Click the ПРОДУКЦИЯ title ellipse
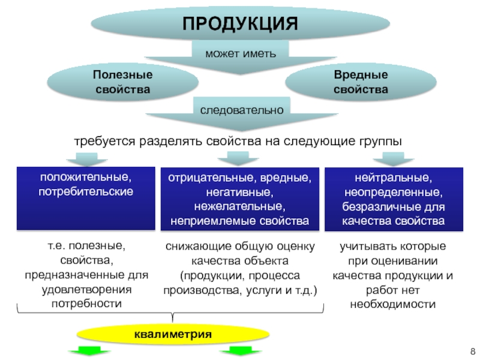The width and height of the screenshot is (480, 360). click(240, 24)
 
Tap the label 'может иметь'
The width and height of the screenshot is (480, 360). click(241, 53)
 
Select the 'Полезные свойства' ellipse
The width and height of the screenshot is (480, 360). click(122, 83)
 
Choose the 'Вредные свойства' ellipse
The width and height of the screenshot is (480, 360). click(361, 83)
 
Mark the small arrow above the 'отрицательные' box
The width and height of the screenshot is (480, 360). click(238, 158)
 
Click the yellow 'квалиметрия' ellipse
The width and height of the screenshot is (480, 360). click(173, 334)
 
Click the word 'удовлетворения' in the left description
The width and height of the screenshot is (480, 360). click(86, 290)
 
